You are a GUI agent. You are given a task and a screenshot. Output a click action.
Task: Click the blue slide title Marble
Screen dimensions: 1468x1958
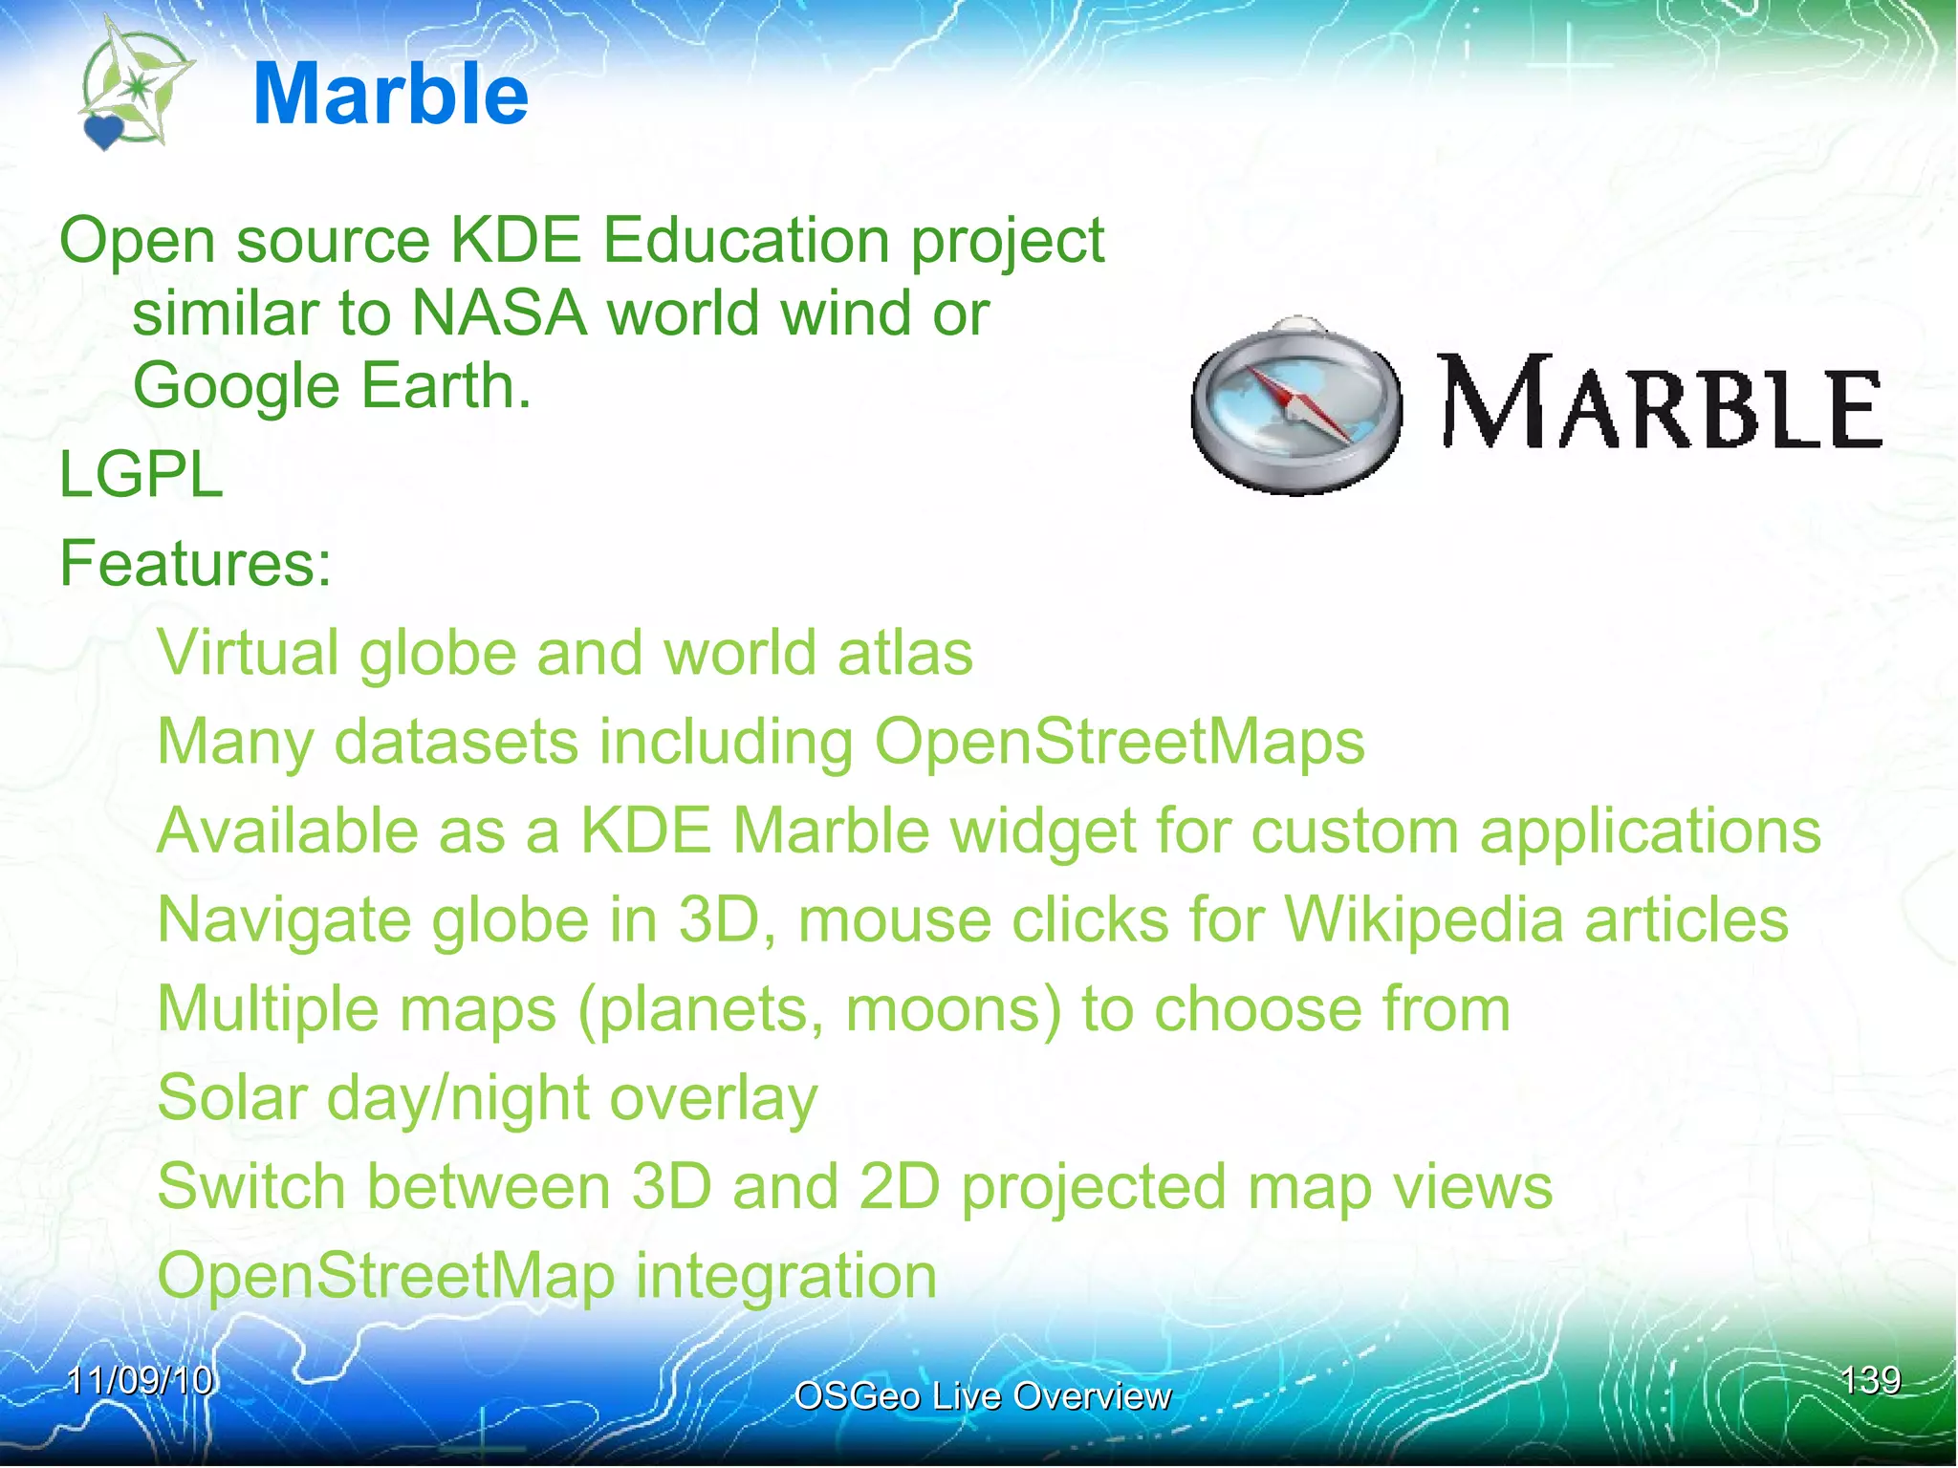pyautogui.click(x=390, y=94)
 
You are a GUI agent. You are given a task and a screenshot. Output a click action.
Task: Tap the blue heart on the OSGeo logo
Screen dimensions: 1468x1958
pyautogui.click(x=103, y=131)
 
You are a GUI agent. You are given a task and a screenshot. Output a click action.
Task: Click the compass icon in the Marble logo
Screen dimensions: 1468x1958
pyautogui.click(x=1296, y=405)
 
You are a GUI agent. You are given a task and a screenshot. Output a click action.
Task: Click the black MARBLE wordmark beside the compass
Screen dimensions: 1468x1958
pyautogui.click(x=1660, y=403)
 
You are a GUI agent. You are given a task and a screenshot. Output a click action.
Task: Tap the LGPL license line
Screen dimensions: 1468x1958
pyautogui.click(x=141, y=475)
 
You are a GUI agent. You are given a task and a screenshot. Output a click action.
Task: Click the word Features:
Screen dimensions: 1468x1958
pyautogui.click(x=195, y=563)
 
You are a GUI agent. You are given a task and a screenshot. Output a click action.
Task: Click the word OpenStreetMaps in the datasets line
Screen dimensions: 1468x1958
pyautogui.click(x=1120, y=742)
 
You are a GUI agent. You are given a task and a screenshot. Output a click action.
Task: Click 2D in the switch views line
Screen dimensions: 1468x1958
pyautogui.click(x=899, y=1186)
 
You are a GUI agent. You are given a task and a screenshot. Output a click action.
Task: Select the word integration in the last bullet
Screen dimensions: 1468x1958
pyautogui.click(x=786, y=1276)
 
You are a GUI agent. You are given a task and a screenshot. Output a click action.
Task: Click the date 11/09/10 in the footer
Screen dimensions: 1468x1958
pyautogui.click(x=140, y=1380)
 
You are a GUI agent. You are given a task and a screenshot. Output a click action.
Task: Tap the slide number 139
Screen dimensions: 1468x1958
pyautogui.click(x=1870, y=1380)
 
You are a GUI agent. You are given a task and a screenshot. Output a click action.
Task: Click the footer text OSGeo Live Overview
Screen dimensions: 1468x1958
pyautogui.click(x=982, y=1396)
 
